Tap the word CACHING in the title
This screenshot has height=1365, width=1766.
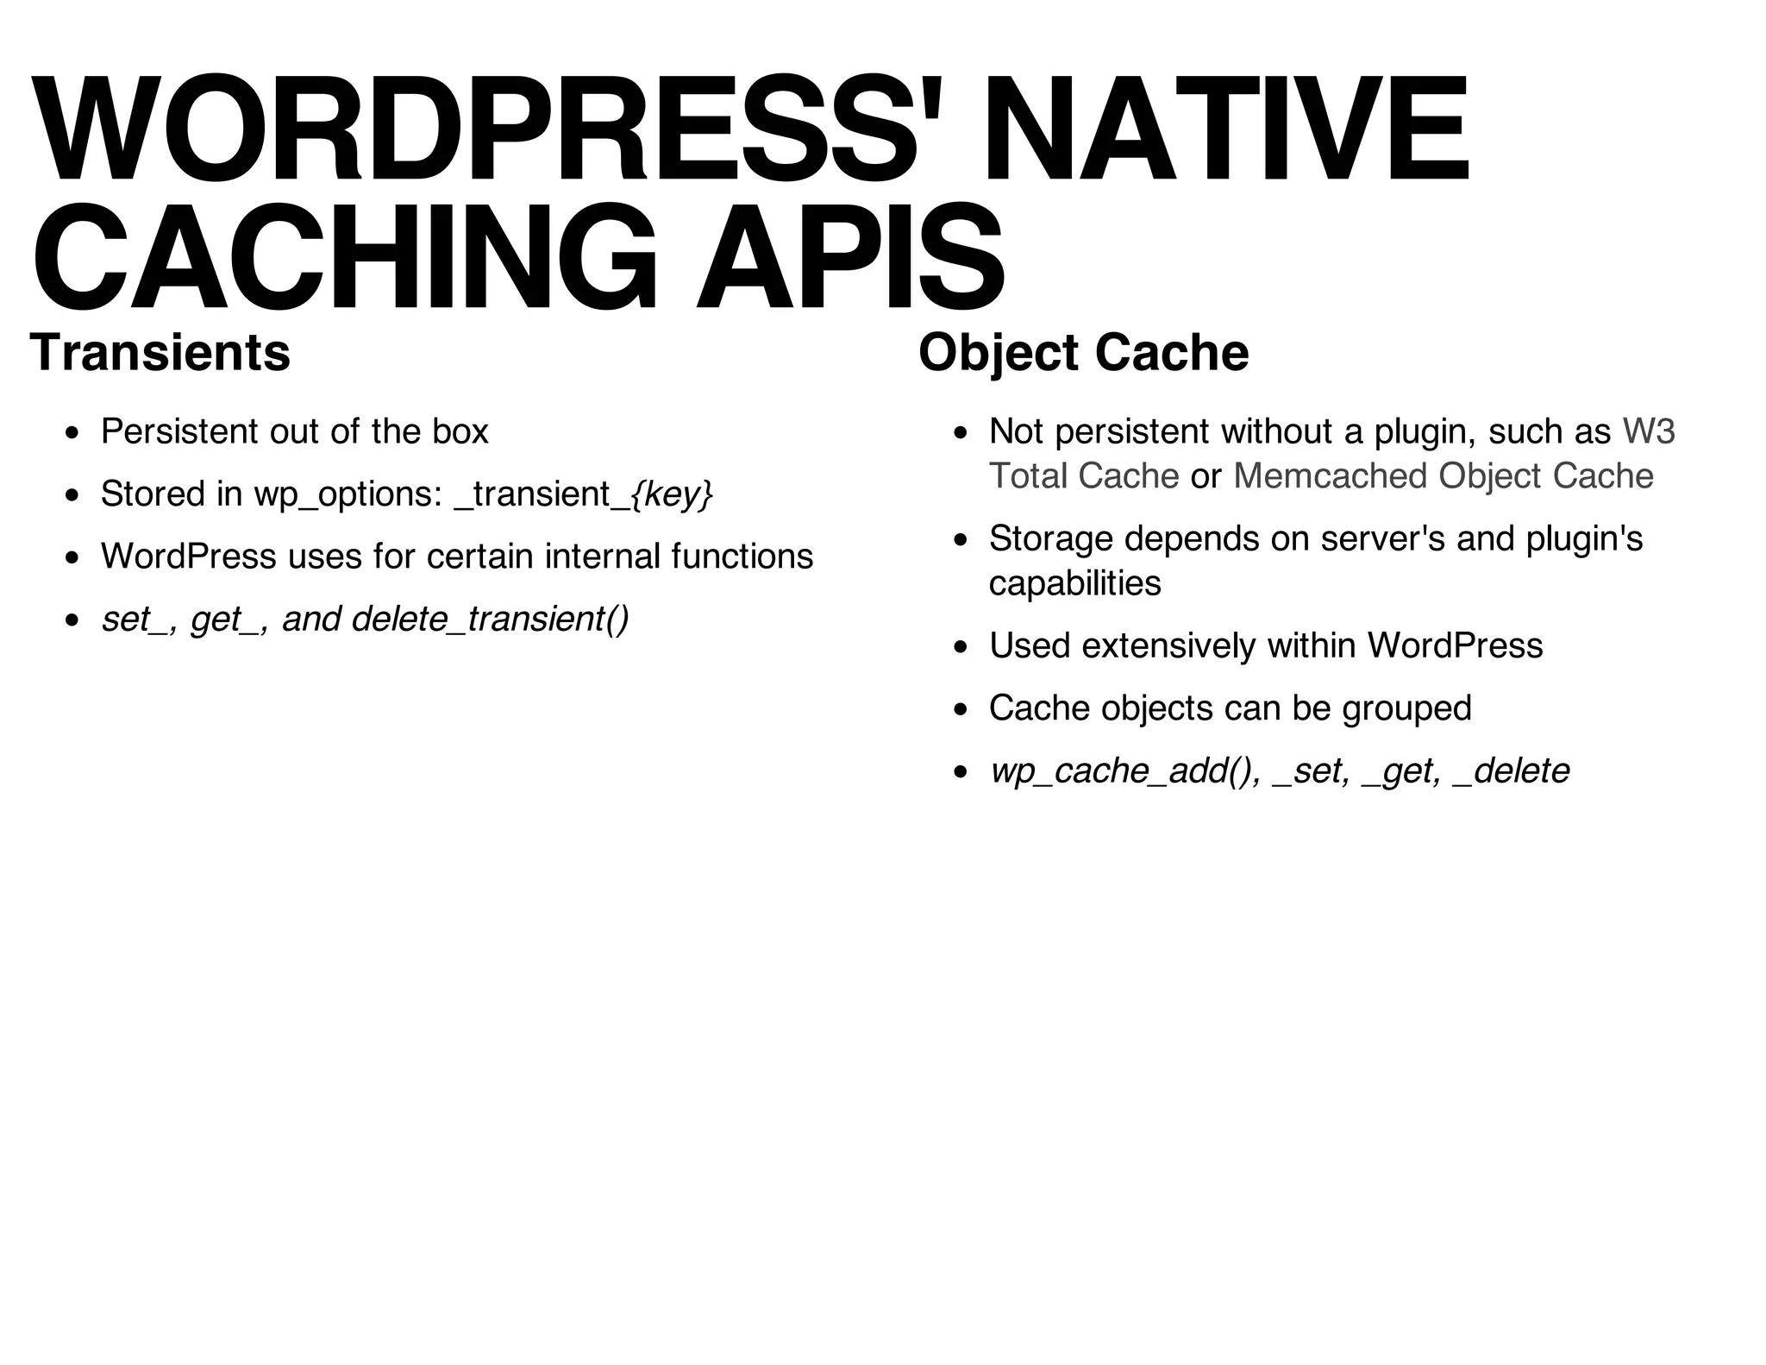[345, 256]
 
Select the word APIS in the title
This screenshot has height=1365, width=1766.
[849, 256]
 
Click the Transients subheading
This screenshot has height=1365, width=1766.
[160, 352]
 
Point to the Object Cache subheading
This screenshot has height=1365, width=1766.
[1083, 352]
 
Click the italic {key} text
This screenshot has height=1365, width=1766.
[672, 494]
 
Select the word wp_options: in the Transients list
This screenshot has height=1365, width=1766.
[348, 494]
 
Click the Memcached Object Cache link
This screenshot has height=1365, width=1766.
[1443, 476]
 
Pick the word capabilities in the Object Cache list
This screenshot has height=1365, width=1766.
[1074, 583]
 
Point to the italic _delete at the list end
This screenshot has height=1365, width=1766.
[1511, 771]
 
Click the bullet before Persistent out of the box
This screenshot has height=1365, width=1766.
[72, 432]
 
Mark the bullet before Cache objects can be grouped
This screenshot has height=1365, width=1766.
[961, 709]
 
